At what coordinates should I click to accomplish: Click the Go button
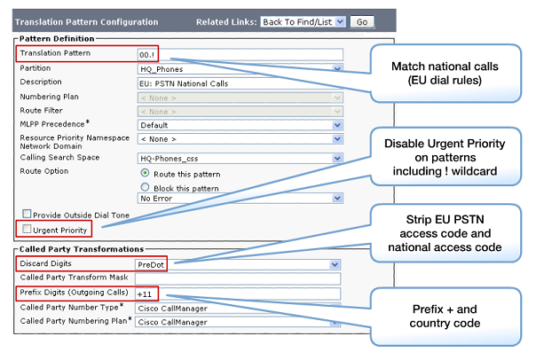click(x=362, y=22)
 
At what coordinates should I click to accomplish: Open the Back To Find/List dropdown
click(x=303, y=22)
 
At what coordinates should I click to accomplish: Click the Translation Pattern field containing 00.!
click(x=240, y=55)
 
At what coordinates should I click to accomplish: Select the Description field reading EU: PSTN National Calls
click(x=240, y=83)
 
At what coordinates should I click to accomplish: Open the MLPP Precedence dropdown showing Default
click(x=240, y=125)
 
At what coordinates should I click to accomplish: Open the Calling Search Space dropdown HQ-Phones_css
click(x=240, y=159)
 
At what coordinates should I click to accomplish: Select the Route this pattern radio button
click(x=145, y=173)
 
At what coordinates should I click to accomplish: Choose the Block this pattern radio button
click(x=145, y=187)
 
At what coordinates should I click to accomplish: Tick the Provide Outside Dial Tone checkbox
click(x=27, y=214)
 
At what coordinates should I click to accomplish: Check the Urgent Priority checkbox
click(x=27, y=229)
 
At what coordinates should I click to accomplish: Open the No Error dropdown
click(x=240, y=199)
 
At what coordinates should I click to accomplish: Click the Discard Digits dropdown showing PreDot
click(x=238, y=265)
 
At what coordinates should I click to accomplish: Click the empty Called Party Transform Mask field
click(x=238, y=278)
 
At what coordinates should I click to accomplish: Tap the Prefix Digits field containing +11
click(x=238, y=293)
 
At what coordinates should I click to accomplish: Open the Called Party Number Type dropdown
click(x=238, y=308)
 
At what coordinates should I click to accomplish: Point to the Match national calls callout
click(x=445, y=73)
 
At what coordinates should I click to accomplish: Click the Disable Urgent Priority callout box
click(x=445, y=157)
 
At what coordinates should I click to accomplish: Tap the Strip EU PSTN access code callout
click(x=445, y=233)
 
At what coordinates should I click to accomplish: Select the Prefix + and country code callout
click(x=445, y=317)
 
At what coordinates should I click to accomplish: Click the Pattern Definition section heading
click(x=57, y=39)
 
